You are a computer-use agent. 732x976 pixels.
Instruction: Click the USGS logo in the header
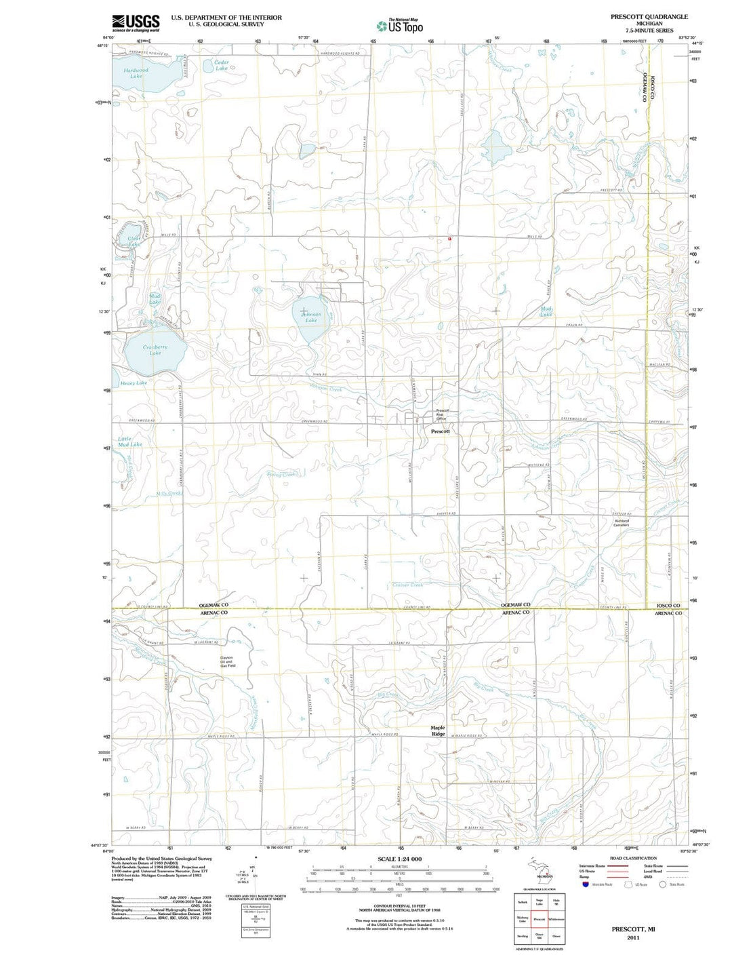136,23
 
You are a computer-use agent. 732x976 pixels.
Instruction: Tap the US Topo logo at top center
400,26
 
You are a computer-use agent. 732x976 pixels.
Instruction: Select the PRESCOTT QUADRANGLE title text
649,16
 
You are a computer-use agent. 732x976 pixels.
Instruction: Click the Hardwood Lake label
136,73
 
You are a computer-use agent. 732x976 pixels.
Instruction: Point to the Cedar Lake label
221,65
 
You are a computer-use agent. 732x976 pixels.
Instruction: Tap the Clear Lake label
134,241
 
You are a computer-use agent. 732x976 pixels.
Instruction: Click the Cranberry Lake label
155,350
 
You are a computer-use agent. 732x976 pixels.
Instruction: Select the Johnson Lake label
311,317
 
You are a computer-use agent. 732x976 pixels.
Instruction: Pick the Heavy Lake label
134,383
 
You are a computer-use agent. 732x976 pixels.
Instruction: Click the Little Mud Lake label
129,442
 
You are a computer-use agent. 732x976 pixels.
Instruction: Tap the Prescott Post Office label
442,414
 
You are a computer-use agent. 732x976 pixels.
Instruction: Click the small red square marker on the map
449,238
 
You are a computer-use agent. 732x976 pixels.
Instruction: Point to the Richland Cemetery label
621,523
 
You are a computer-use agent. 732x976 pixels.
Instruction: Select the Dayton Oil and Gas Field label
226,662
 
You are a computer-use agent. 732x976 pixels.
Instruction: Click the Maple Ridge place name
439,730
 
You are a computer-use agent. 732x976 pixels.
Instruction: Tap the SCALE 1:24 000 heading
399,859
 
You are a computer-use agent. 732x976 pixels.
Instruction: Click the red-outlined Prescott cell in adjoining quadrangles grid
540,919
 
